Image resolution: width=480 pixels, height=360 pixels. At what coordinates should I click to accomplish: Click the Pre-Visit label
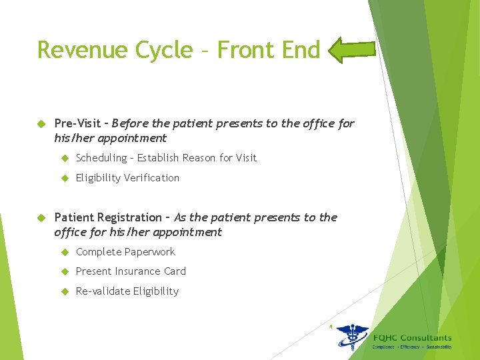click(77, 123)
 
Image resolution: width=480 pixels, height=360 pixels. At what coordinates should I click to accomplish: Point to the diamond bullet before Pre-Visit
click(40, 123)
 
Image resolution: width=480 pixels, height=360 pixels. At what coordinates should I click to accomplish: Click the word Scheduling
click(101, 158)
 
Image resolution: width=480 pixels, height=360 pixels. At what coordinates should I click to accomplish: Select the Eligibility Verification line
click(127, 178)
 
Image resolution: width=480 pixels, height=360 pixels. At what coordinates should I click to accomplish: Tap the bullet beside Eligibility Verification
click(65, 178)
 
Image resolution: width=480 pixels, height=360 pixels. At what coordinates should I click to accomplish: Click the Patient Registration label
click(107, 217)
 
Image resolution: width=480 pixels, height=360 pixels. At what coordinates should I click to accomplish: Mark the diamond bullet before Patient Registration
click(40, 217)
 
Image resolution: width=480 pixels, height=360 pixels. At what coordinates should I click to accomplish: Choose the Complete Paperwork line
click(125, 252)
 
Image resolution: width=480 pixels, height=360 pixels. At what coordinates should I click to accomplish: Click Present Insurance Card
click(131, 271)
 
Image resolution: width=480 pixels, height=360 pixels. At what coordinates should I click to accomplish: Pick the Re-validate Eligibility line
click(127, 291)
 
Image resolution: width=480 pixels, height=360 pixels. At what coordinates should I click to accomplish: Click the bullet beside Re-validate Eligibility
click(65, 291)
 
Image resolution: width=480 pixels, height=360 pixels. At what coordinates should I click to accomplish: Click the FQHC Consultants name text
click(412, 338)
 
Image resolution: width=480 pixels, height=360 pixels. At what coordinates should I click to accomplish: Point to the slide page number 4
click(330, 326)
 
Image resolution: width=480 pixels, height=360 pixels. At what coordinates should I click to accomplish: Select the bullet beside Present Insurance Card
click(65, 271)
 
